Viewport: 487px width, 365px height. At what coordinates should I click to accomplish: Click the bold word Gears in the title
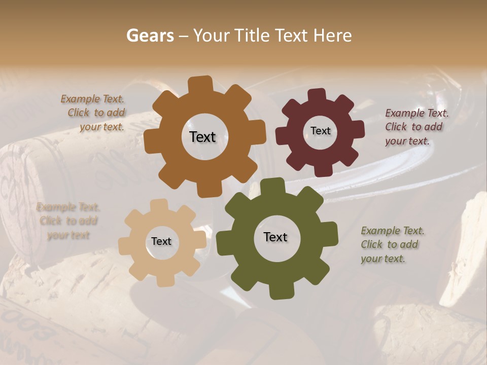coord(150,35)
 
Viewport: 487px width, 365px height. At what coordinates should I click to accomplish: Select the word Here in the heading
coord(332,35)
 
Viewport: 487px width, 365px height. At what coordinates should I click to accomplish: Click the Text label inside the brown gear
coord(202,137)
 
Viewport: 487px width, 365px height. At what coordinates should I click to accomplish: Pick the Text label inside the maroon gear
coord(320,131)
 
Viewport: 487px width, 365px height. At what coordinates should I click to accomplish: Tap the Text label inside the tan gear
coord(161,242)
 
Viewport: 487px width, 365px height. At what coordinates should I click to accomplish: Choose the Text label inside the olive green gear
coord(275,237)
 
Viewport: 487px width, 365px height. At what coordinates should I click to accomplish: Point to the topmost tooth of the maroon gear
coord(317,96)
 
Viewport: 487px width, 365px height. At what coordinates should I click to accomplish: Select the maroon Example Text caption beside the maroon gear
coord(416,127)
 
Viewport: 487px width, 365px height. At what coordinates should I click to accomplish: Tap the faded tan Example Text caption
coord(68,221)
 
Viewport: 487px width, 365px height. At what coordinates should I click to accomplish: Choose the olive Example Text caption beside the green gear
coord(392,244)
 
